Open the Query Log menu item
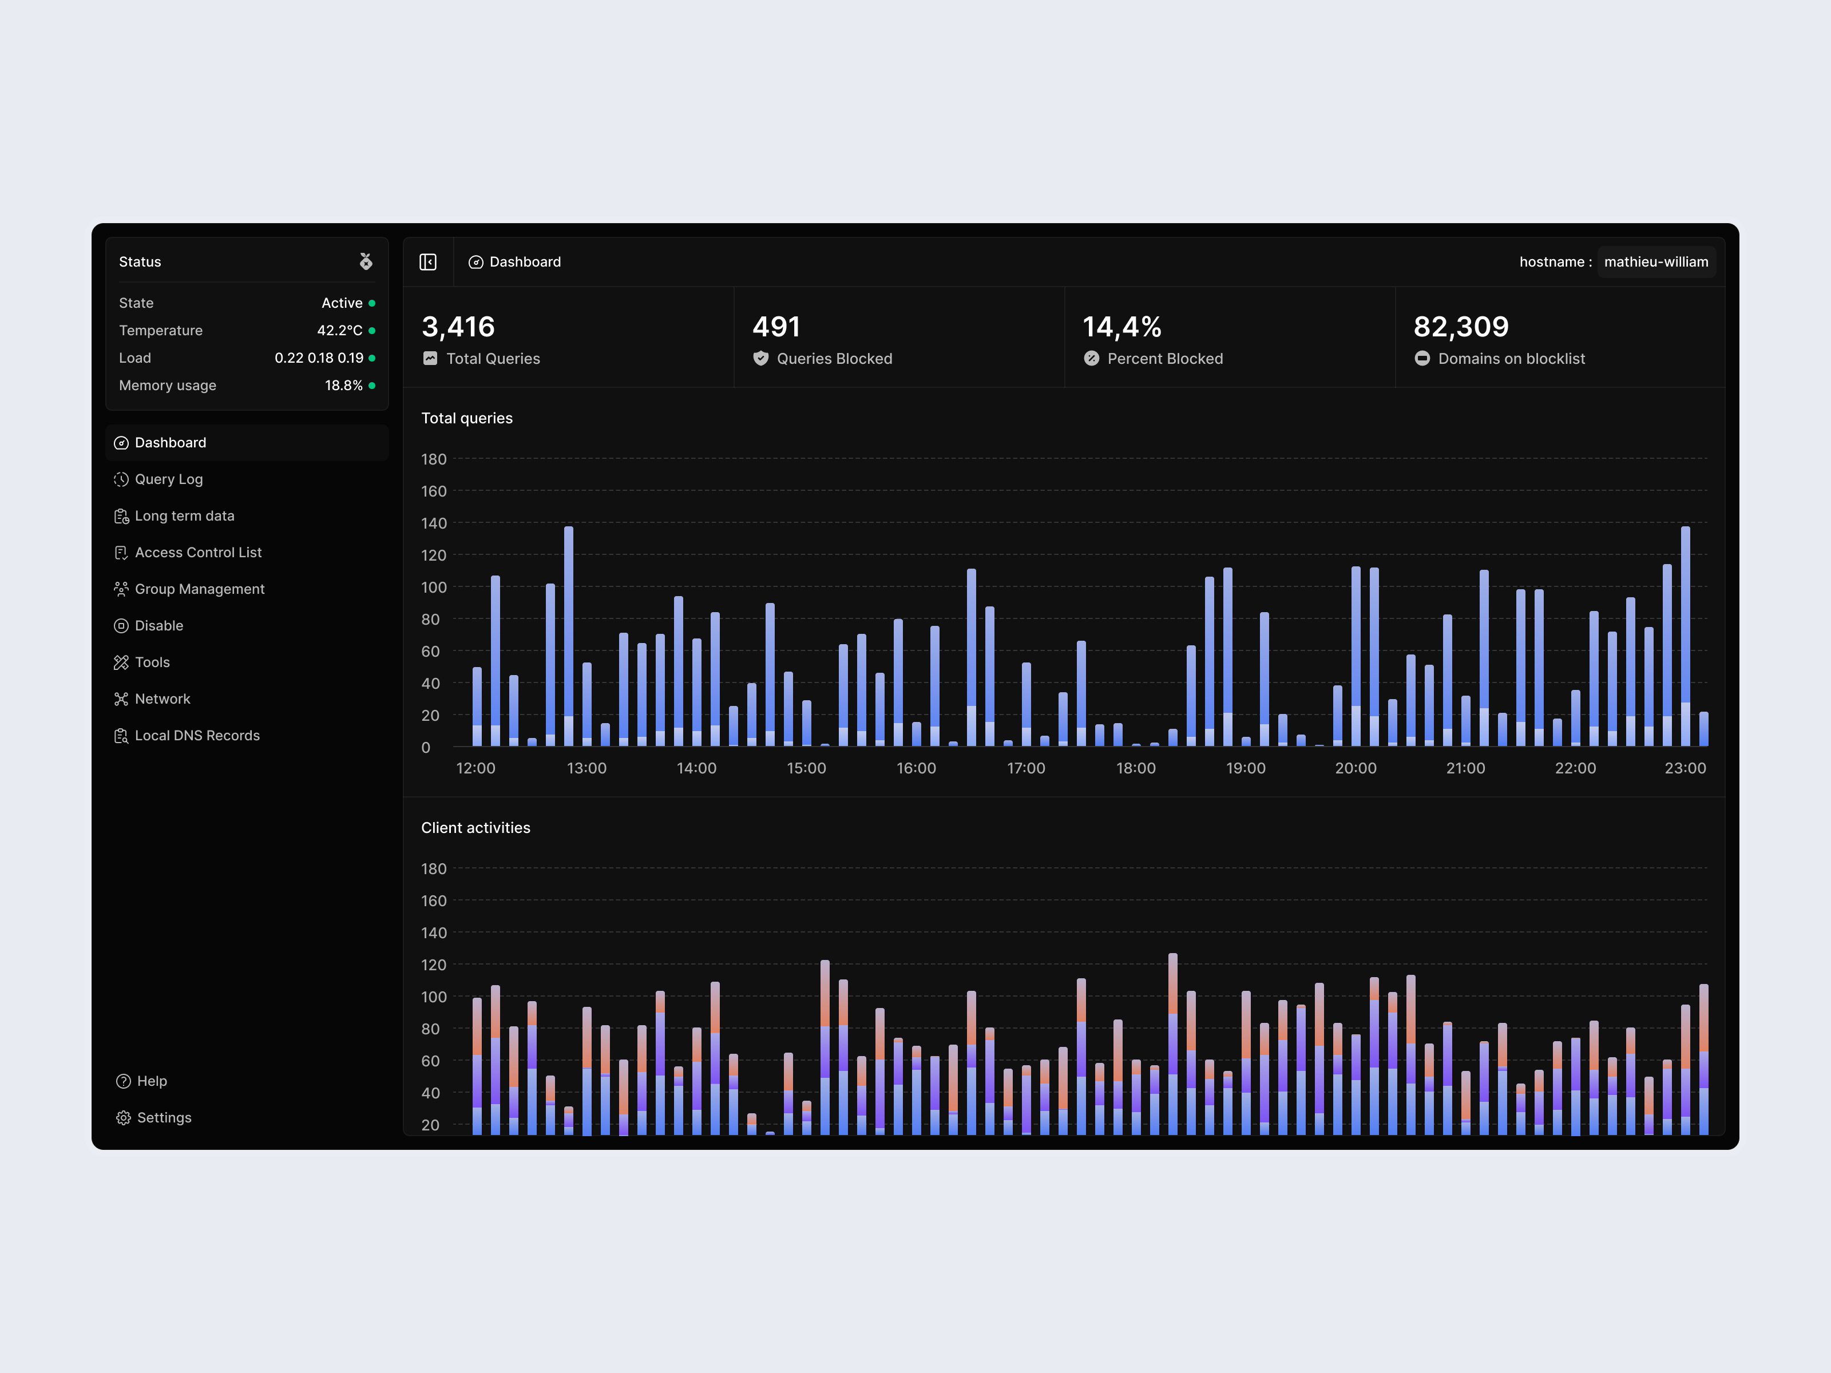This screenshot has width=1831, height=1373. coord(168,479)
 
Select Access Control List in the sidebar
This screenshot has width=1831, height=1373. coord(198,552)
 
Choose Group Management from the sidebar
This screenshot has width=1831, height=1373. coord(200,589)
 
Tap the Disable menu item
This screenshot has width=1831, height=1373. coord(159,626)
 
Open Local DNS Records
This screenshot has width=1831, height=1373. coord(197,736)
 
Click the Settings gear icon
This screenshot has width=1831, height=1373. coord(124,1118)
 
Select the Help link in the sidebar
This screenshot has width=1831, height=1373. coord(152,1081)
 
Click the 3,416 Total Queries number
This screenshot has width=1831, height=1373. coord(458,327)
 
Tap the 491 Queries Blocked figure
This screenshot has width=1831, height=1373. coord(776,327)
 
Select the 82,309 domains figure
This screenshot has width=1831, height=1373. coord(1460,327)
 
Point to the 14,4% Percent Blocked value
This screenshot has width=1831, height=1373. coord(1121,327)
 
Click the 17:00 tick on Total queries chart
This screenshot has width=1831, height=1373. coord(1025,768)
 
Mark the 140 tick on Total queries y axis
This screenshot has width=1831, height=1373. coord(434,523)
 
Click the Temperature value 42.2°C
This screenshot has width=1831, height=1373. coord(339,330)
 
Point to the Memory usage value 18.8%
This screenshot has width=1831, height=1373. coord(343,386)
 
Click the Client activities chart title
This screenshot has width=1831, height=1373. coord(475,828)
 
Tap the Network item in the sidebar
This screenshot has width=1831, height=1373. coord(163,699)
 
